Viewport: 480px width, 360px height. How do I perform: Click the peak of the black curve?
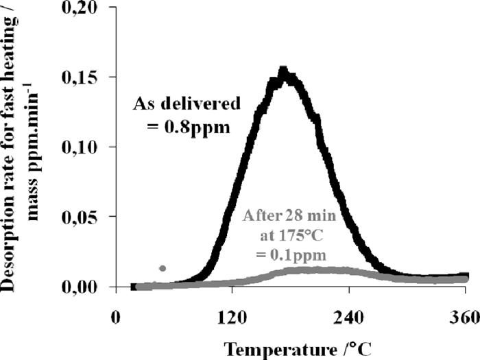pos(283,71)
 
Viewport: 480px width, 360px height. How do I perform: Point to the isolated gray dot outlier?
pos(163,268)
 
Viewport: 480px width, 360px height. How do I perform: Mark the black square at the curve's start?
pos(134,286)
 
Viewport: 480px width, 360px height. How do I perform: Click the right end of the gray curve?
pos(466,278)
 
